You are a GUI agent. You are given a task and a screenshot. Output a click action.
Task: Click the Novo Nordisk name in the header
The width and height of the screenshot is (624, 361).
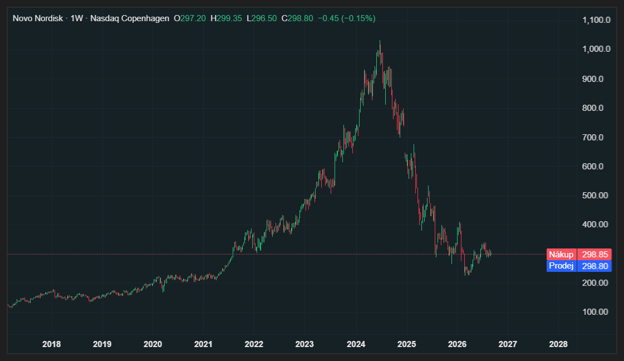coord(38,18)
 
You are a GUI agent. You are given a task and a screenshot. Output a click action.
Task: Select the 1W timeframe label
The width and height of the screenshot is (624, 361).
coord(76,18)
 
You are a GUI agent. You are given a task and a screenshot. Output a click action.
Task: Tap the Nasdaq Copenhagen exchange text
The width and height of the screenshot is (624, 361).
coord(129,18)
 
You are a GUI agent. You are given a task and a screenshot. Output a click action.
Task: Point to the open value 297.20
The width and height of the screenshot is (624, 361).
coord(193,18)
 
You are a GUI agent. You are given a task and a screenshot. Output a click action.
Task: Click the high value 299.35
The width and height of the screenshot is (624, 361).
coord(229,18)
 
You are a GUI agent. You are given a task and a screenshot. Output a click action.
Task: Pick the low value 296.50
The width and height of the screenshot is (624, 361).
coord(264,18)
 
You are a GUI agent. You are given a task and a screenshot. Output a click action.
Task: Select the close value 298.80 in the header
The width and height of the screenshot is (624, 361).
coord(300,18)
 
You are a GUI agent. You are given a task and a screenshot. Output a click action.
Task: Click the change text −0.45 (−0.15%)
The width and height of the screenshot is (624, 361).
coord(347,18)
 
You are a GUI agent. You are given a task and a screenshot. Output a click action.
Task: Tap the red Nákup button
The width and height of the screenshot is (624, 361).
coord(562,254)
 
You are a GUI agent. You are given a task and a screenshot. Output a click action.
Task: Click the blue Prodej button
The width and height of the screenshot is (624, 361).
coord(562,266)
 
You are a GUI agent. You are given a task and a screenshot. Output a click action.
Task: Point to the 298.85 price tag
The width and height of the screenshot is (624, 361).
coord(594,254)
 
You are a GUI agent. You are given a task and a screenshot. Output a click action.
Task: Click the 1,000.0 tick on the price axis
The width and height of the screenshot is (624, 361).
coord(596,49)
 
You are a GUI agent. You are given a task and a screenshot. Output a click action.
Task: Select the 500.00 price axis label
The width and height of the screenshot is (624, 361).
coord(596,195)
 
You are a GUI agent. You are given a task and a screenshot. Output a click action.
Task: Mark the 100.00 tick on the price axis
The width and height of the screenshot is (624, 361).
coord(596,311)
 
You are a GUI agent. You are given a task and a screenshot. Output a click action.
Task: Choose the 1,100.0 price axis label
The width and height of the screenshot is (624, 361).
coord(596,20)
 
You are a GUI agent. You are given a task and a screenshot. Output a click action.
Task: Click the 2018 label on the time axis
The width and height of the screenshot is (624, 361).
coord(51,344)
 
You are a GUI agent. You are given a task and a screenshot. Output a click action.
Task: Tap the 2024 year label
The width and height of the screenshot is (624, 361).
coord(356,344)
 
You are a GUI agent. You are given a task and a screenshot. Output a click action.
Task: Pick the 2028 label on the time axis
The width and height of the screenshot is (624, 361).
coord(558,344)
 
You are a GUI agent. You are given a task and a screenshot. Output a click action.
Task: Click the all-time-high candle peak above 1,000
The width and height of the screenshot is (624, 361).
coord(380,40)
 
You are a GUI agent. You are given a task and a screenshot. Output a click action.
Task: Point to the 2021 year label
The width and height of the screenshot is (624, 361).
coord(203,344)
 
